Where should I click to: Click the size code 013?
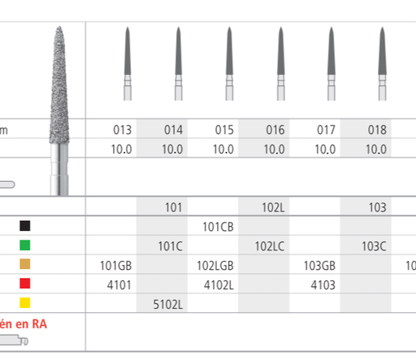pyautogui.click(x=122, y=129)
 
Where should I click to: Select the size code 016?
pyautogui.click(x=274, y=129)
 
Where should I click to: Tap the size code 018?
pyautogui.click(x=376, y=129)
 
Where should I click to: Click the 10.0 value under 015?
pyautogui.click(x=223, y=150)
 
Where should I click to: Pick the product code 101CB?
pyautogui.click(x=223, y=227)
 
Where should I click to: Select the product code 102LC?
pyautogui.click(x=274, y=245)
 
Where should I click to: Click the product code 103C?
pyautogui.click(x=376, y=245)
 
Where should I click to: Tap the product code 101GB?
pyautogui.click(x=121, y=266)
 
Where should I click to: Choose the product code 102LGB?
pyautogui.click(x=223, y=266)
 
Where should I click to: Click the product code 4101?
pyautogui.click(x=121, y=285)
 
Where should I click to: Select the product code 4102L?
pyautogui.click(x=223, y=285)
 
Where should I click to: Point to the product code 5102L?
pyautogui.click(x=172, y=305)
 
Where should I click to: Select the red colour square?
pyautogui.click(x=26, y=285)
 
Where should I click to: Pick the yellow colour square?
pyautogui.click(x=26, y=305)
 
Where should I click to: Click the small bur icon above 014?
pyautogui.click(x=178, y=57)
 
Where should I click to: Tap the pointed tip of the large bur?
pyautogui.click(x=62, y=28)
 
